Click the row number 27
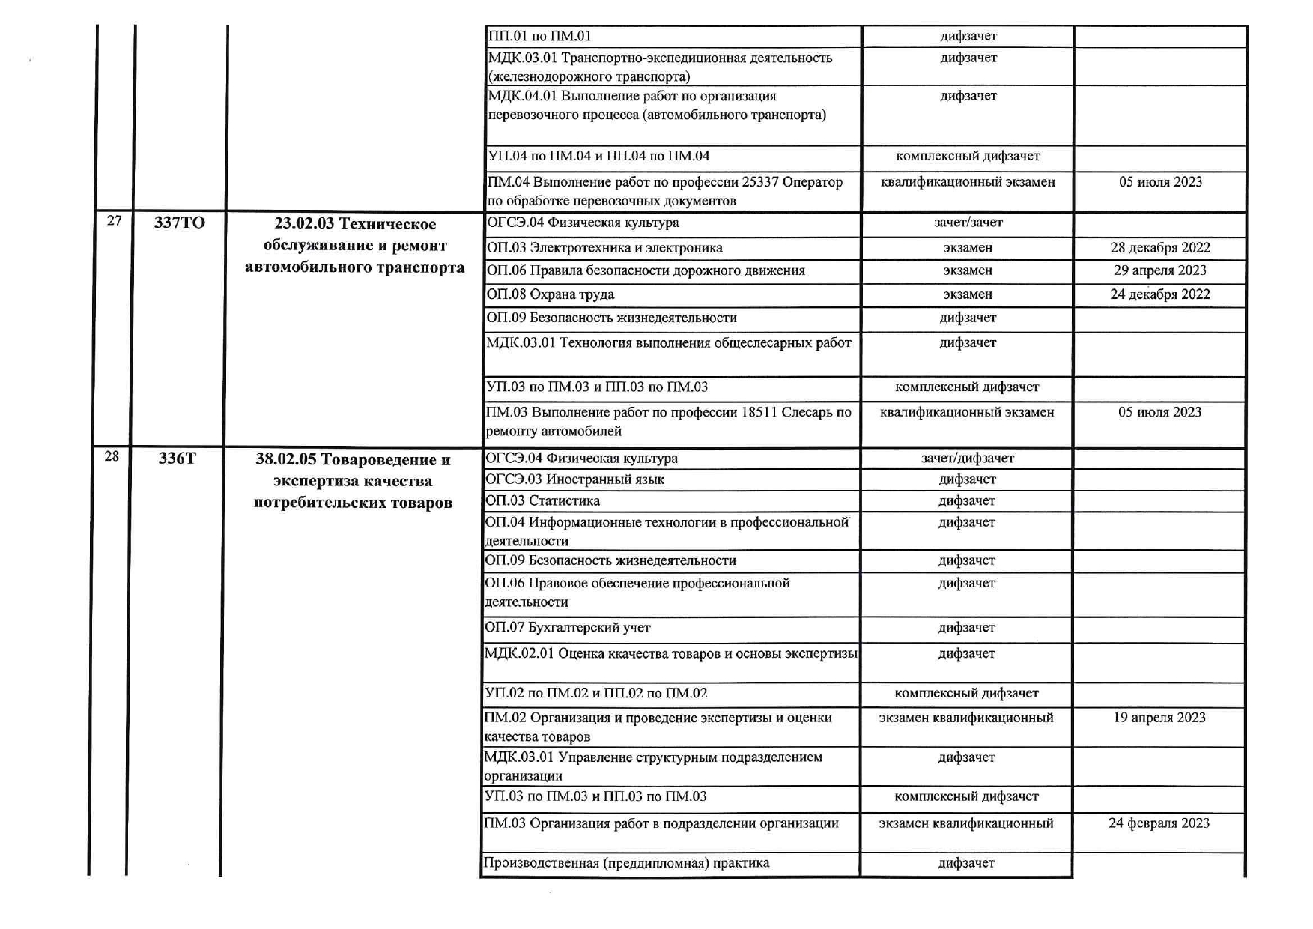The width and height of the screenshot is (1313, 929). (x=114, y=220)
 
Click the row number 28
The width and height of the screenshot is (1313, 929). (x=112, y=456)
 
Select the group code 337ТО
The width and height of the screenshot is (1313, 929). (x=179, y=223)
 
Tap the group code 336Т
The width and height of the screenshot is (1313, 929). (x=177, y=458)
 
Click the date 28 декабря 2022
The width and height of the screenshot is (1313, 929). (x=1159, y=248)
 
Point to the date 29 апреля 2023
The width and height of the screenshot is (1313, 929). (x=1159, y=270)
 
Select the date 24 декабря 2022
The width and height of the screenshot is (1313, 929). (x=1159, y=294)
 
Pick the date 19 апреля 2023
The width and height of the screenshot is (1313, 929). (x=1159, y=718)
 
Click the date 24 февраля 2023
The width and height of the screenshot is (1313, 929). (x=1159, y=823)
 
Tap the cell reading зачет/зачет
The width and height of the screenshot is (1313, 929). (x=968, y=223)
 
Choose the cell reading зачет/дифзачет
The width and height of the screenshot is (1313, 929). (x=967, y=458)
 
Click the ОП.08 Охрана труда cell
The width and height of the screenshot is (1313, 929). (x=551, y=294)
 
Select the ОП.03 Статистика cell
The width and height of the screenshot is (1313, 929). (x=542, y=500)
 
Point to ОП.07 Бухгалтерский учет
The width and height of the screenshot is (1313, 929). (x=568, y=628)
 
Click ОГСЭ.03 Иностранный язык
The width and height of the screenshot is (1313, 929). (x=574, y=479)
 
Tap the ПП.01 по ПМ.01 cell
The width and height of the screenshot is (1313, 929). (x=539, y=36)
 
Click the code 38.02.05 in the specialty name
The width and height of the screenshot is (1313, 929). (x=285, y=459)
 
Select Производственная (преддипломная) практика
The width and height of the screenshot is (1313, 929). (x=626, y=863)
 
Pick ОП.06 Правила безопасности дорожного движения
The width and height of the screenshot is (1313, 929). (x=646, y=270)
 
